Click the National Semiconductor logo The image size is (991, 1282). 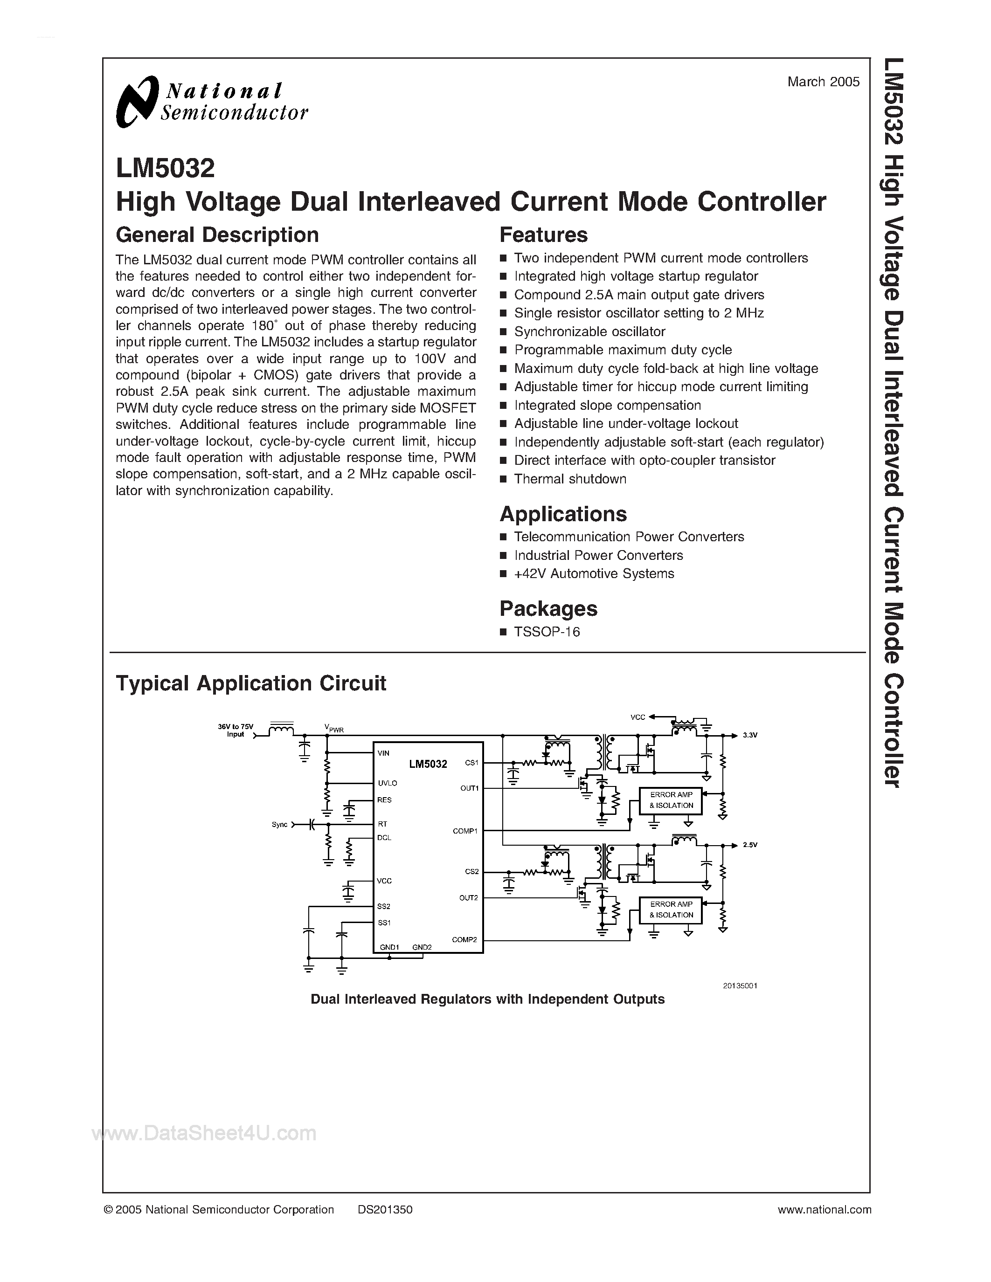(x=211, y=102)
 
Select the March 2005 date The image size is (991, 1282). (x=823, y=82)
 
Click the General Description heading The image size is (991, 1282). (x=217, y=235)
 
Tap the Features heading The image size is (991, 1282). (x=543, y=235)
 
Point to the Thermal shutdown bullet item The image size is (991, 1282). (x=569, y=479)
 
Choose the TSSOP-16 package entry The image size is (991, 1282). (x=547, y=632)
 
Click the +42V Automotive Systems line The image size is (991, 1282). (x=594, y=573)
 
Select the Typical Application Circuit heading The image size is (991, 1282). (x=251, y=683)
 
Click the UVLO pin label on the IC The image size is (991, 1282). (x=388, y=783)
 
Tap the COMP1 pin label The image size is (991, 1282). (x=465, y=831)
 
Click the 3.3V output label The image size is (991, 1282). (x=750, y=735)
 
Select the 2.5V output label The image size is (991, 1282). (x=750, y=845)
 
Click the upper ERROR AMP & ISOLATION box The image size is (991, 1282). (x=671, y=800)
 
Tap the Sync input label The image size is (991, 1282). (x=279, y=825)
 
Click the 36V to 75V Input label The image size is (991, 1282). (x=236, y=730)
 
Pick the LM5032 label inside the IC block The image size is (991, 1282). (x=428, y=764)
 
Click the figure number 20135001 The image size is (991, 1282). (x=740, y=986)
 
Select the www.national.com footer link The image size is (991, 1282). (x=824, y=1209)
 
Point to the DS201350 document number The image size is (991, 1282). (x=385, y=1209)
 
